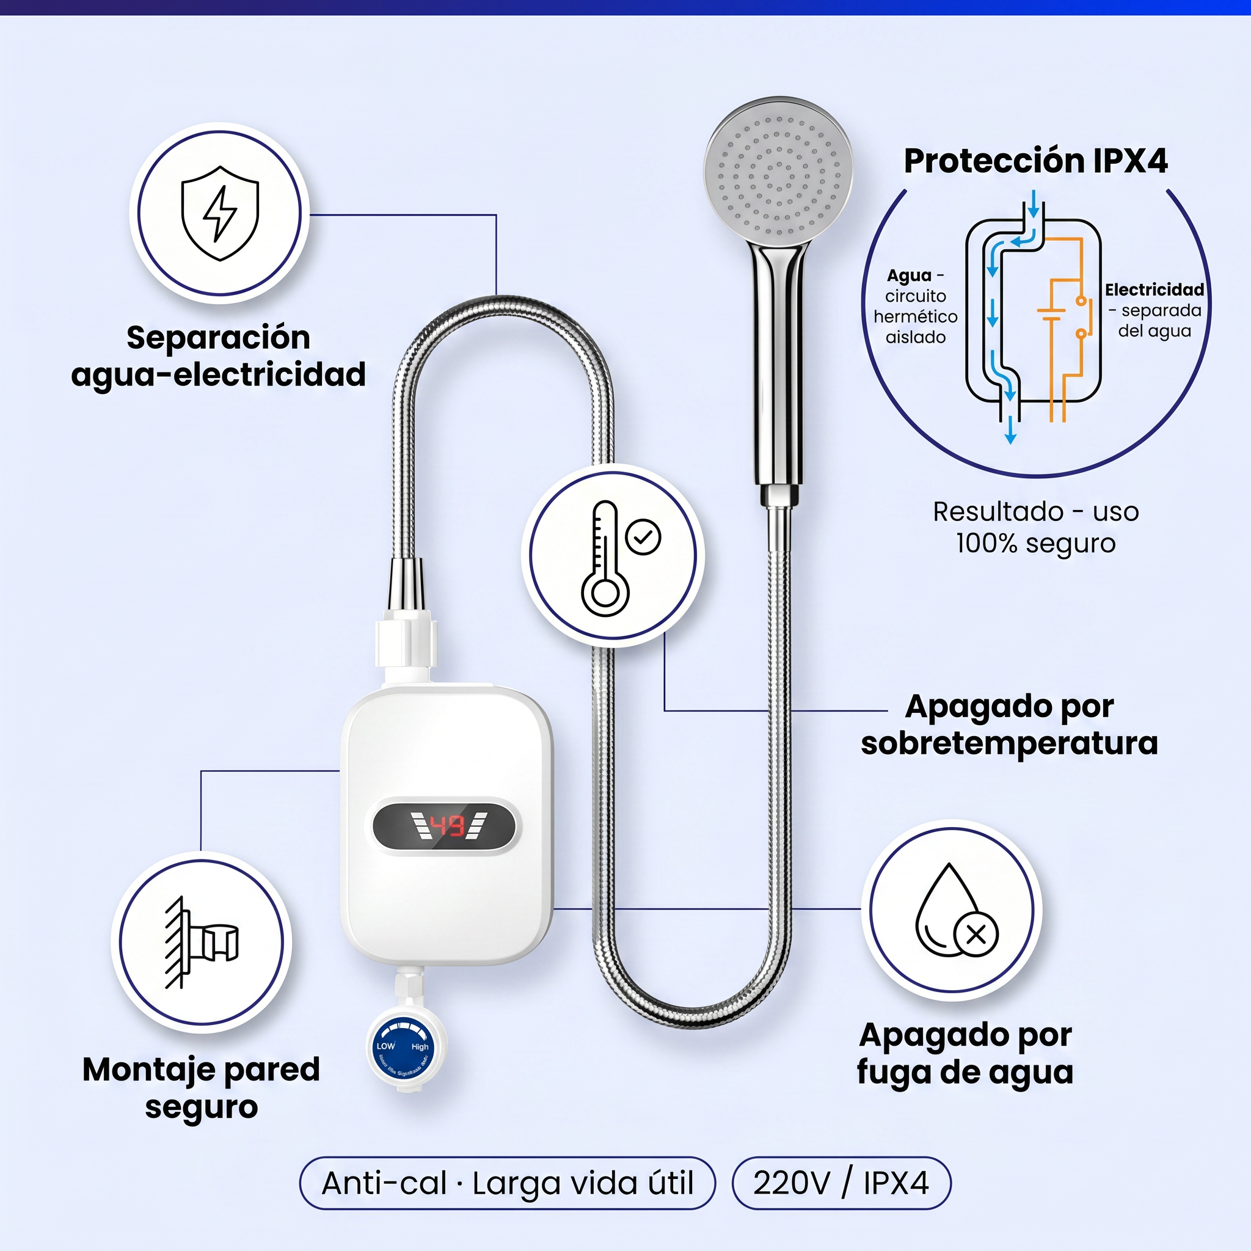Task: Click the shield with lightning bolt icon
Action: [x=219, y=213]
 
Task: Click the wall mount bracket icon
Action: [x=202, y=942]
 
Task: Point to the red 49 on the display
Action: [x=447, y=826]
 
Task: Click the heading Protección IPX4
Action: [x=1035, y=161]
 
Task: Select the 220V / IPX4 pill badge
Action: [x=841, y=1183]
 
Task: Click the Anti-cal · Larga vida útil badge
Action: [x=507, y=1183]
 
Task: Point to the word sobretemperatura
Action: [x=1009, y=743]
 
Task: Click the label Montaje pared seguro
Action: [x=202, y=1088]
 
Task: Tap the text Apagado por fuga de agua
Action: [x=965, y=1053]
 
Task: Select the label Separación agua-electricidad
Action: [x=218, y=356]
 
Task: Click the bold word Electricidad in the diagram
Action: [x=1154, y=290]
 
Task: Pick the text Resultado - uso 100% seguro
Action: [x=1035, y=527]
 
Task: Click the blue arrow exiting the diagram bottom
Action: [x=1010, y=432]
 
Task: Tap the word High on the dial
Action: [x=420, y=1046]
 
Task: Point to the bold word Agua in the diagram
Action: [x=909, y=276]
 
